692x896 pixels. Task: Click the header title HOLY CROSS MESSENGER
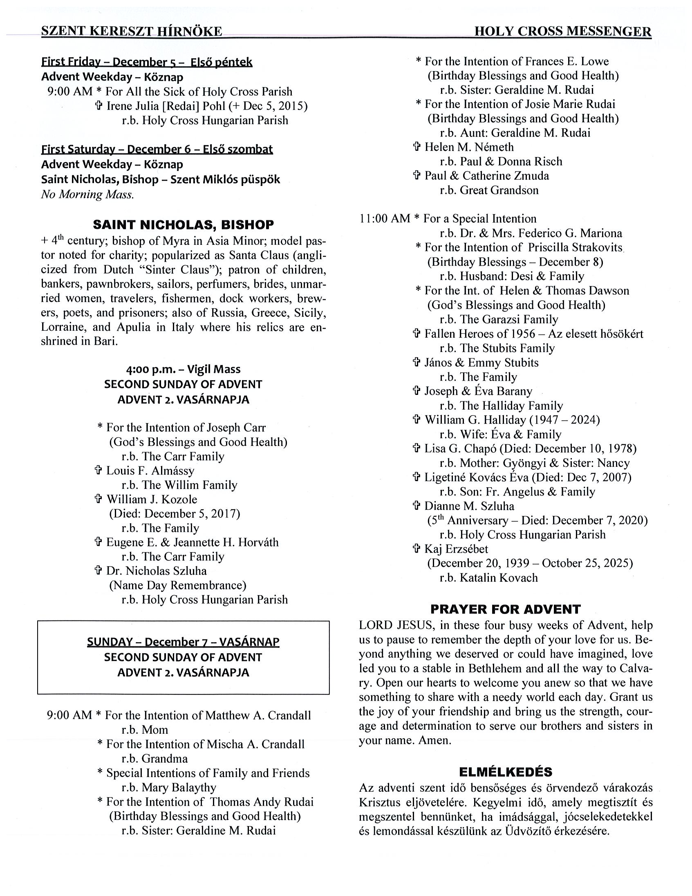click(x=562, y=31)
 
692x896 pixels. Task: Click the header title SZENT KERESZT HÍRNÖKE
click(x=132, y=31)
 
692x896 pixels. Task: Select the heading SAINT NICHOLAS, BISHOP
click(x=184, y=225)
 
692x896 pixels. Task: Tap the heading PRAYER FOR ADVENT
click(x=505, y=609)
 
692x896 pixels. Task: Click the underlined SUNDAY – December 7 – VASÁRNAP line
click(x=183, y=642)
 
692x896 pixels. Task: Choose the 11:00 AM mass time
click(x=384, y=219)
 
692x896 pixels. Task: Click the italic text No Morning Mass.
click(x=87, y=195)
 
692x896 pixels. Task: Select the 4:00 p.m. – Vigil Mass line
click(x=183, y=369)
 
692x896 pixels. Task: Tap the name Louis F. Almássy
click(x=150, y=470)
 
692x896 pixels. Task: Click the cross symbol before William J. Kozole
click(x=98, y=499)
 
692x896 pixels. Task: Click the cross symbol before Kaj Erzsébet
click(x=417, y=549)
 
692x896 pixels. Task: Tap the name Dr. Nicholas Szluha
click(x=156, y=571)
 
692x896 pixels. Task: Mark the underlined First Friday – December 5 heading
click(x=146, y=62)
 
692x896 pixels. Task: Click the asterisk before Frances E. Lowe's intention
click(x=419, y=61)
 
